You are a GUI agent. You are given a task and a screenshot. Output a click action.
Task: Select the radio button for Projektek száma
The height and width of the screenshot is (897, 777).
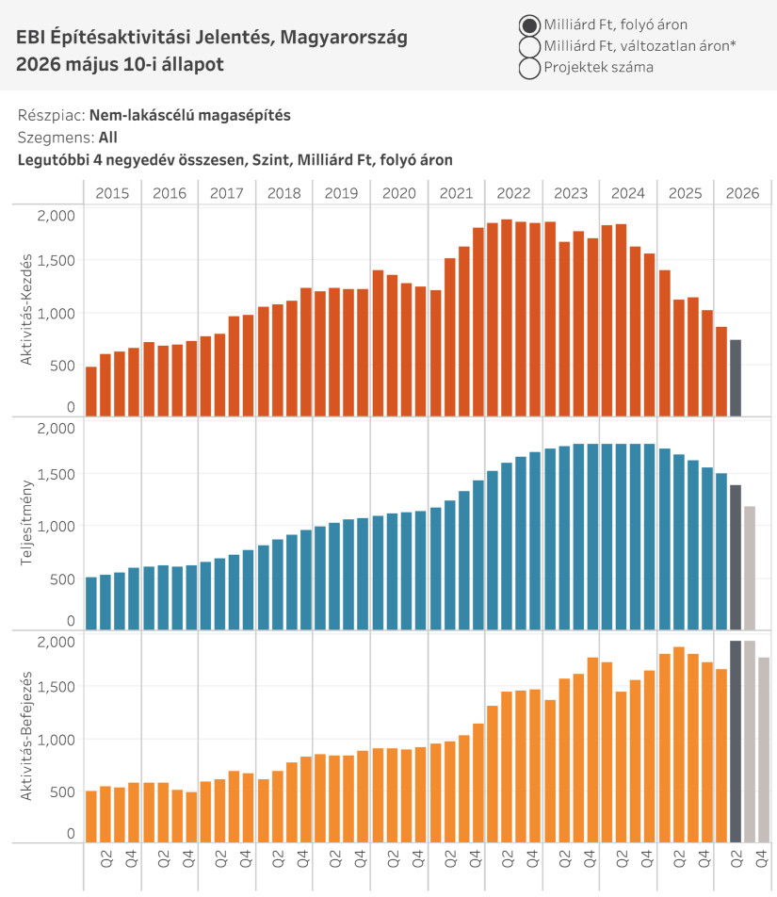point(529,68)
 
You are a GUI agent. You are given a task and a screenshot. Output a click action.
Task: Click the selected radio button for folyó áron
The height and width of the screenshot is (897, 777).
point(529,25)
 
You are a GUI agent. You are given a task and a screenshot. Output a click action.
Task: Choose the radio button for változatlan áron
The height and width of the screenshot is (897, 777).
point(529,46)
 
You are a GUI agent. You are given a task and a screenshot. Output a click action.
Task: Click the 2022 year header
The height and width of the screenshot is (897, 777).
point(513,193)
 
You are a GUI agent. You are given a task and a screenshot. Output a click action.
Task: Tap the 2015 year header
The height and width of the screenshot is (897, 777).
point(112,193)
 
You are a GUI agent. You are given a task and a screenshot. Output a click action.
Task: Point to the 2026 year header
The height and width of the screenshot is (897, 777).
point(743,193)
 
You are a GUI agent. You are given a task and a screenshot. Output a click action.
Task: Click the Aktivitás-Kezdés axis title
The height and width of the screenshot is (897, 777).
point(25,310)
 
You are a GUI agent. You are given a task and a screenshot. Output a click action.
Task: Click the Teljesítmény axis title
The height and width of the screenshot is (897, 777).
point(25,523)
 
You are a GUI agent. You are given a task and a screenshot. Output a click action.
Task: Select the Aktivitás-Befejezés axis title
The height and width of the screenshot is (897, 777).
point(25,736)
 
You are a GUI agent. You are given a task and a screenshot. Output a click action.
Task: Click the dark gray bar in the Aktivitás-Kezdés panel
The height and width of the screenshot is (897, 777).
point(736,378)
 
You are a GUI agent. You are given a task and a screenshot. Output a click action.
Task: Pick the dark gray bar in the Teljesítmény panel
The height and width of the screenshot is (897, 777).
point(736,557)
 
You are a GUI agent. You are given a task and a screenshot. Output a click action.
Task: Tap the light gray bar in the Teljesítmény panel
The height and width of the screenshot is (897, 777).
point(750,568)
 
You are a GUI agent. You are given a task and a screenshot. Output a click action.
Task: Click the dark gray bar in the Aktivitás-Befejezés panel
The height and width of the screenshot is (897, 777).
point(736,742)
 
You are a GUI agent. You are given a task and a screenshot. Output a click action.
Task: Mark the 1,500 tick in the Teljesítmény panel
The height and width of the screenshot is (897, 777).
point(56,474)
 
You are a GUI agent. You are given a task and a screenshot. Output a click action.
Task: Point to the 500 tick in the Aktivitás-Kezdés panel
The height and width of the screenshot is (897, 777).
point(62,366)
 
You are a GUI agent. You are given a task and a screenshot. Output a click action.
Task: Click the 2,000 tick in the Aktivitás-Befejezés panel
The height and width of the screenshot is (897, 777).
point(56,642)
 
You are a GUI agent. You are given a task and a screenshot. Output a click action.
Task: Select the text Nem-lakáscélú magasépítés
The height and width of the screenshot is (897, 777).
point(190,115)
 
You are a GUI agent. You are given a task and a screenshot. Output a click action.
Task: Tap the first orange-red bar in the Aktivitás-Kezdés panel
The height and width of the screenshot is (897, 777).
point(91,391)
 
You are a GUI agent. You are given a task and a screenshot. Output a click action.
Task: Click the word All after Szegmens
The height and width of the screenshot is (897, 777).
point(108,138)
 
